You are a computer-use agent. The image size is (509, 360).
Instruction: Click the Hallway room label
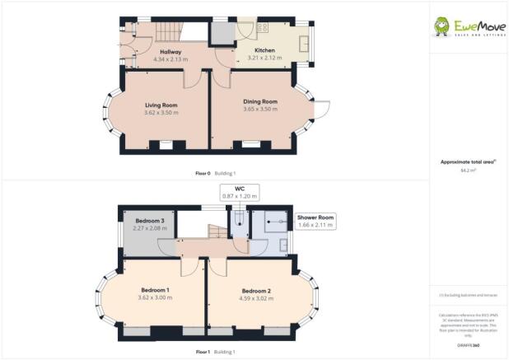[170, 52]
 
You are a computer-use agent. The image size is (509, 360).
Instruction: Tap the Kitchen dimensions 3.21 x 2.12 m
[253, 58]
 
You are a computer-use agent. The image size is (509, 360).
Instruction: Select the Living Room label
[161, 105]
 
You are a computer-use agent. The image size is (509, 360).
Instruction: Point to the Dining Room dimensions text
[259, 110]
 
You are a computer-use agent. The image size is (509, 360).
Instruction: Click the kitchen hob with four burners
[264, 27]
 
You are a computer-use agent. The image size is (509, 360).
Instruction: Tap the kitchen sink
[303, 43]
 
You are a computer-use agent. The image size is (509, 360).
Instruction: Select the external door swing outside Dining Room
[323, 110]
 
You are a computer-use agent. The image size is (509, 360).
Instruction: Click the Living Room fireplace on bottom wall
[166, 146]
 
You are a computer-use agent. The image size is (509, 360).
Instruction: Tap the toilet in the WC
[239, 218]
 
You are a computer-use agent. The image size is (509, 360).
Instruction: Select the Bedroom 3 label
[149, 221]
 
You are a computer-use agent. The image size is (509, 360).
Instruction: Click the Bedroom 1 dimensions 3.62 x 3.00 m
[156, 297]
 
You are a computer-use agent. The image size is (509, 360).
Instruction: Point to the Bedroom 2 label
[257, 291]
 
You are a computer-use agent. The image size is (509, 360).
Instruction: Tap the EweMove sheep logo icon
[442, 26]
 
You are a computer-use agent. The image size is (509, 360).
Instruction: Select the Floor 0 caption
[203, 173]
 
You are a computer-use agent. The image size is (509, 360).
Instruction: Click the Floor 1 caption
[203, 352]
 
